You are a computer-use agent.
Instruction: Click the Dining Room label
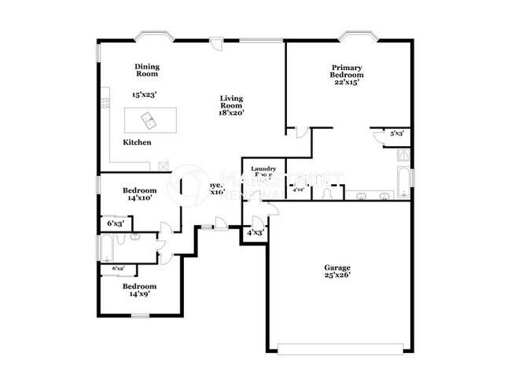147,70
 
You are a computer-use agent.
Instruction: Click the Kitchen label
137,142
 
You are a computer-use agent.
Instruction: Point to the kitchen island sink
148,120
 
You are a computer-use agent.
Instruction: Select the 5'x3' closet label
396,134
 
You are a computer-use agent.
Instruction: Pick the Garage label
337,267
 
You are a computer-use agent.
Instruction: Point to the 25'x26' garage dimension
337,275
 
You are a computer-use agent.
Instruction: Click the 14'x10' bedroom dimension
139,198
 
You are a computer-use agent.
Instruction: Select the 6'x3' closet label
115,223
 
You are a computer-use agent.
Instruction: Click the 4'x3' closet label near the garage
255,233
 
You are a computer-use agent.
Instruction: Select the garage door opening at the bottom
344,348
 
